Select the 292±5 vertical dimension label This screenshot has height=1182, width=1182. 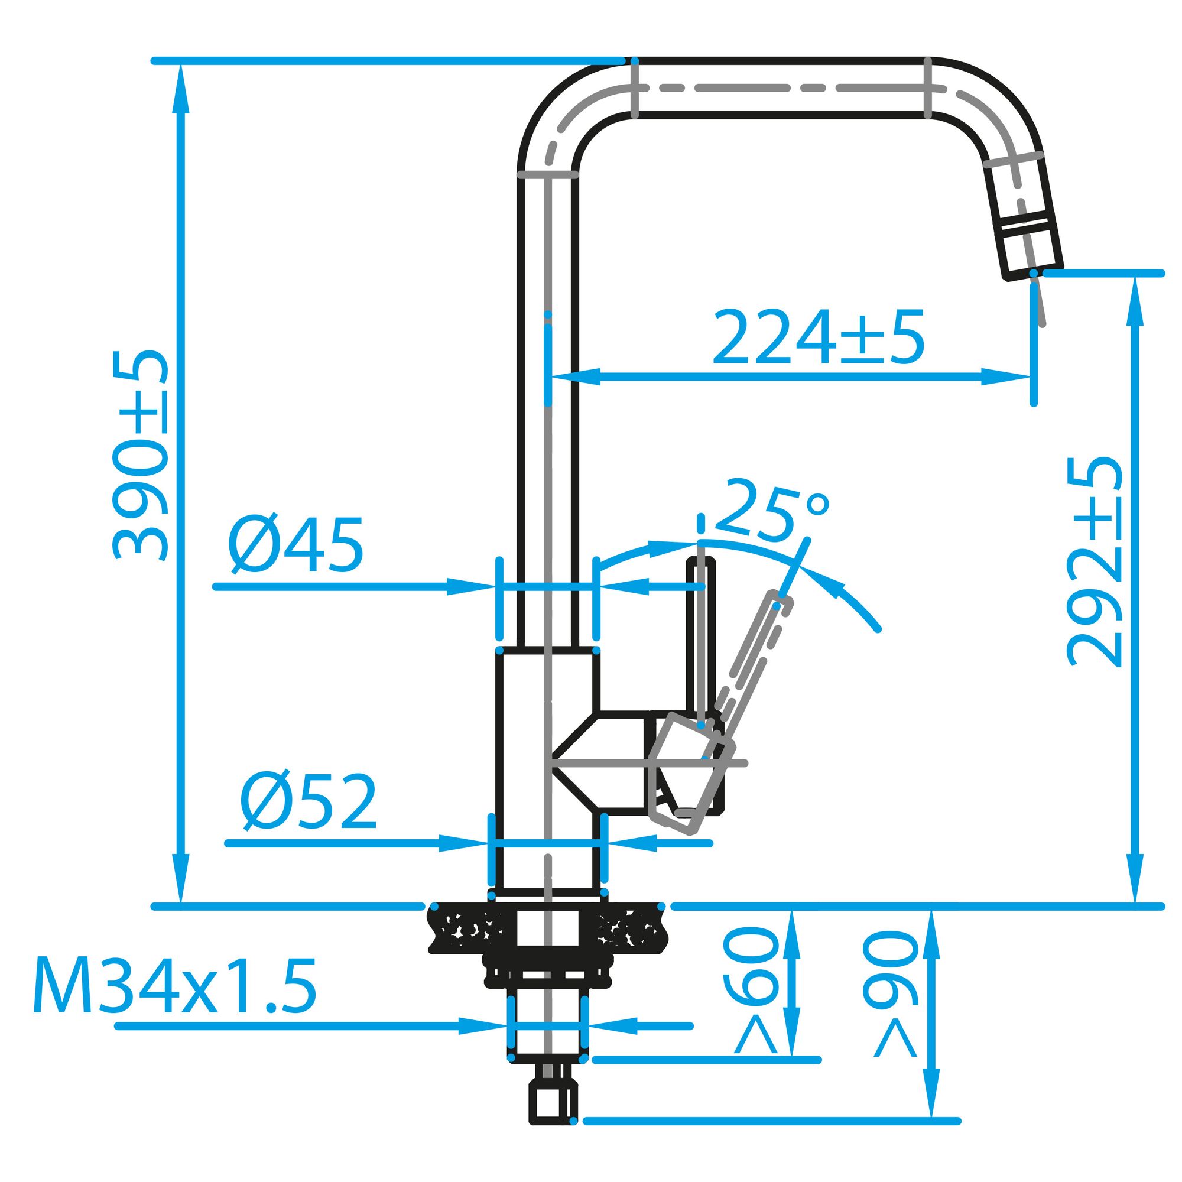pos(1095,561)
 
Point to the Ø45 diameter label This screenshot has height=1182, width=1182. pos(296,545)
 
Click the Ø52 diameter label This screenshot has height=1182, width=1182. pos(309,802)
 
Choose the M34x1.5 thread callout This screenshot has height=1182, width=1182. pos(175,986)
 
